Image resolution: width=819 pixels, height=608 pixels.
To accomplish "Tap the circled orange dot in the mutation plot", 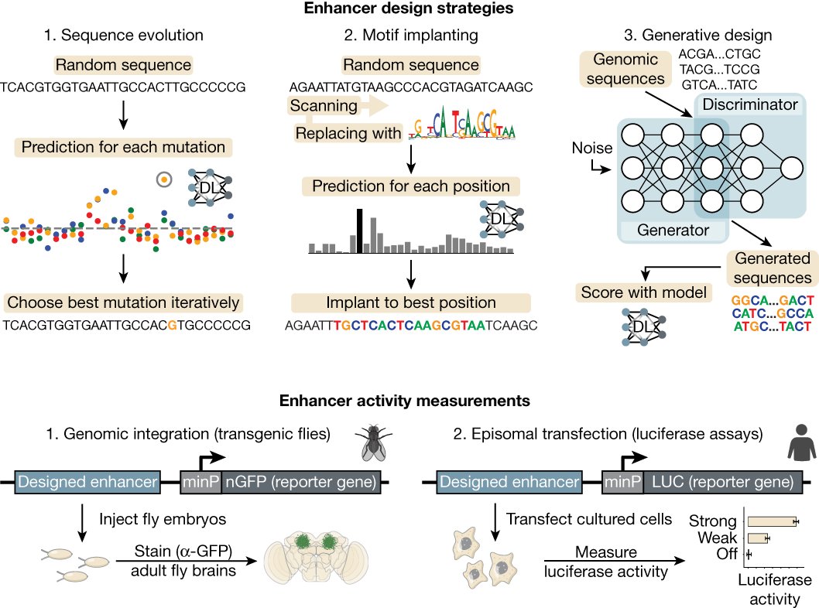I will [x=163, y=179].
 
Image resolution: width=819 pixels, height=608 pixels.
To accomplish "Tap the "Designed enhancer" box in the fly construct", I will [x=87, y=483].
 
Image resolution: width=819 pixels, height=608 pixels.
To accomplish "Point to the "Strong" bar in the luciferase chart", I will [x=770, y=522].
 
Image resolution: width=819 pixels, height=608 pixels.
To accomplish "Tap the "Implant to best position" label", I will [x=410, y=302].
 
